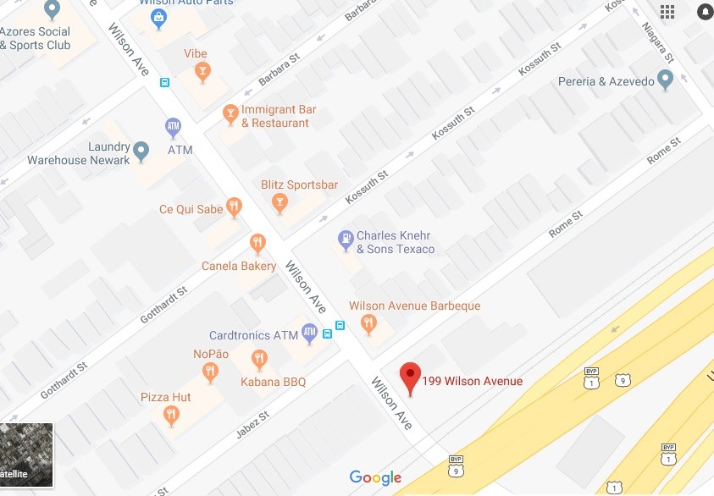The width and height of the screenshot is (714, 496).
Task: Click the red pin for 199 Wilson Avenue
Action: tap(411, 376)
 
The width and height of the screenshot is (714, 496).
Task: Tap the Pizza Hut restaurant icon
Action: tap(172, 414)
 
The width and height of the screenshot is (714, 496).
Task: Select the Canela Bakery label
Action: tap(239, 266)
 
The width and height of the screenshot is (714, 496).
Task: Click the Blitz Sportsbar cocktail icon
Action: tap(279, 202)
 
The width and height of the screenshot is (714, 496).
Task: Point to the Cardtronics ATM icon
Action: tap(309, 334)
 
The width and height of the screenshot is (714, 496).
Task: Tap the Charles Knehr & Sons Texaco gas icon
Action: tap(346, 240)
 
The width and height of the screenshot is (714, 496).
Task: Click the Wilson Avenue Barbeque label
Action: tap(414, 306)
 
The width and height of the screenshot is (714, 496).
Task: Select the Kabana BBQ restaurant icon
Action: tap(260, 360)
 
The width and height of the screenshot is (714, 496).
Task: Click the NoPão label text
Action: tap(211, 354)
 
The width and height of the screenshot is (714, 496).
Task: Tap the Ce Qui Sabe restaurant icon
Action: tap(235, 207)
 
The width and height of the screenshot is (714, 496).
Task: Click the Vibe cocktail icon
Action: tap(202, 73)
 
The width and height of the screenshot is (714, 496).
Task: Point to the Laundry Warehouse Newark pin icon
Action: tap(141, 152)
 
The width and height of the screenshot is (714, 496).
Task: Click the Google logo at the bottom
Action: tap(375, 478)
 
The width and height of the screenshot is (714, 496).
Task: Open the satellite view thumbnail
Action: tap(26, 455)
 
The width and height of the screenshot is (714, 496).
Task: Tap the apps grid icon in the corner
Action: tap(667, 11)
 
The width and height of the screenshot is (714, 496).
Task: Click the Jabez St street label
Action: tap(252, 428)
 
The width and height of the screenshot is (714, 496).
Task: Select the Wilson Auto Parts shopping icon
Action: tap(158, 20)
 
